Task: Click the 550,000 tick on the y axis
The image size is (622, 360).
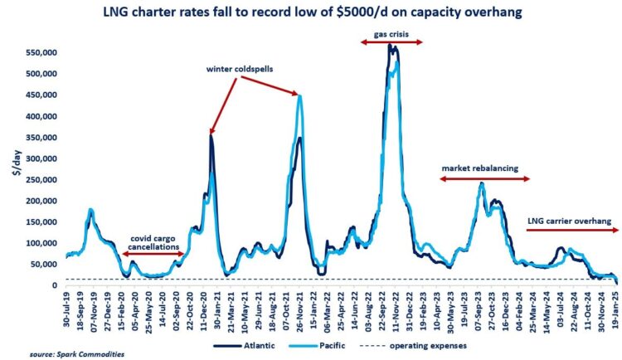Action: point(41,51)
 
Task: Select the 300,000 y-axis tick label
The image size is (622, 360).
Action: point(41,158)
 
